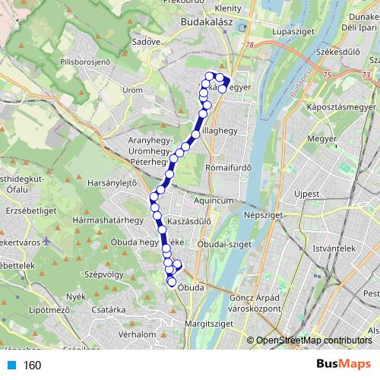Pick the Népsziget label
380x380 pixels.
coord(263,215)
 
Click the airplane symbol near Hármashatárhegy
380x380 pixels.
coord(48,241)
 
